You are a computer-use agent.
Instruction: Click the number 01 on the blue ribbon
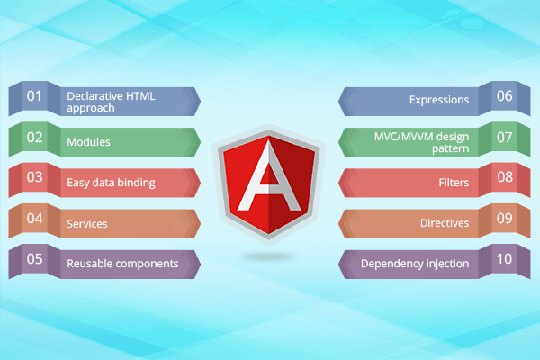pos(34,96)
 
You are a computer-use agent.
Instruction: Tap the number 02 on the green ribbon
pos(34,138)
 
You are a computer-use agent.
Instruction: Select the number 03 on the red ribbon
pos(34,177)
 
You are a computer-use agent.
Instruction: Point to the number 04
pos(34,219)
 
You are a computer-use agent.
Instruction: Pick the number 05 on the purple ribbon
pos(34,259)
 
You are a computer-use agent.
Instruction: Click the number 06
pos(505,96)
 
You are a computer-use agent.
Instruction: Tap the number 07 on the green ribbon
pos(505,138)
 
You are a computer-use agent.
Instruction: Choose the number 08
pos(505,177)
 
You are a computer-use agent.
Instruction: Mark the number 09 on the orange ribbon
pos(505,219)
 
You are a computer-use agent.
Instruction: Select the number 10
pos(505,259)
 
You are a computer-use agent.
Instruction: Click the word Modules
pos(88,142)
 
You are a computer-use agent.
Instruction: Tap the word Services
pos(87,224)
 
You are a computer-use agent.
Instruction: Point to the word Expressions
pos(439,100)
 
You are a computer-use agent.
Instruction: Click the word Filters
pos(454,182)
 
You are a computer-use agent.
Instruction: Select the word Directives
pos(445,223)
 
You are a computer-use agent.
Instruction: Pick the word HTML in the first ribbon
pos(141,96)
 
